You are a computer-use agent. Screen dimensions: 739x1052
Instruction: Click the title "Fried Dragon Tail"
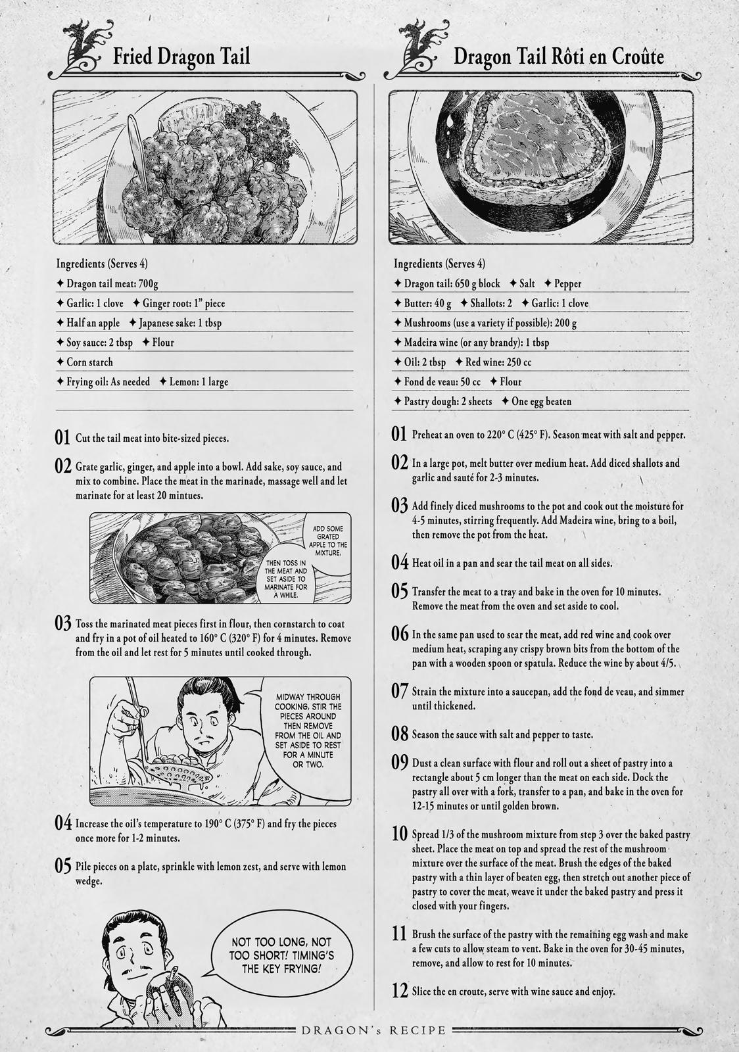click(181, 57)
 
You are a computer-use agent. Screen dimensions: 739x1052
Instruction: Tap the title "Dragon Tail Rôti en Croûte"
click(558, 57)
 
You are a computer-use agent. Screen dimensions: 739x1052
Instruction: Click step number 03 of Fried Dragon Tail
click(62, 623)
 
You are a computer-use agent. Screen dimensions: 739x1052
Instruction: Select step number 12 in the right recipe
click(400, 990)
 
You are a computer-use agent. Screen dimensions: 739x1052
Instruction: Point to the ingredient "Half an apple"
click(93, 323)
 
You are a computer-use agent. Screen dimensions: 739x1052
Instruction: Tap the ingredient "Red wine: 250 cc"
click(492, 362)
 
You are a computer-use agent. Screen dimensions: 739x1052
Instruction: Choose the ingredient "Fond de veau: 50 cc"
click(442, 382)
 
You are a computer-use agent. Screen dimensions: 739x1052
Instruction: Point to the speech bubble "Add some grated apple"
click(327, 540)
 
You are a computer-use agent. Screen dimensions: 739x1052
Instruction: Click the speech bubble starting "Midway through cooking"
click(308, 731)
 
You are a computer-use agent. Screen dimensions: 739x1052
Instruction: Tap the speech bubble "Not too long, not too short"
click(281, 955)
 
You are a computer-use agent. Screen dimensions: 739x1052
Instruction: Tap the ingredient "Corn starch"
click(89, 362)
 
